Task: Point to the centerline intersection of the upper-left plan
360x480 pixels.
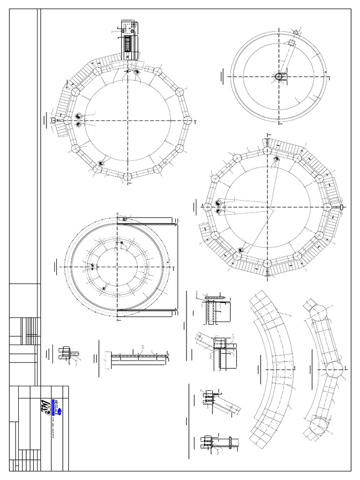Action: pyautogui.click(x=127, y=120)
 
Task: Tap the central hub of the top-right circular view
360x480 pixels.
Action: pyautogui.click(x=279, y=76)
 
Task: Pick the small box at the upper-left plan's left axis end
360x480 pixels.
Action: pyautogui.click(x=53, y=120)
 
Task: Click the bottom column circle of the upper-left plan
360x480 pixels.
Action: pyautogui.click(x=127, y=177)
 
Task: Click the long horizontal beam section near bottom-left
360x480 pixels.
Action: pyautogui.click(x=138, y=359)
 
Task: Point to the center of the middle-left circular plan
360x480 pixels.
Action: pyautogui.click(x=118, y=266)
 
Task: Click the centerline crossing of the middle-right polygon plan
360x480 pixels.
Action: pyautogui.click(x=268, y=207)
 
